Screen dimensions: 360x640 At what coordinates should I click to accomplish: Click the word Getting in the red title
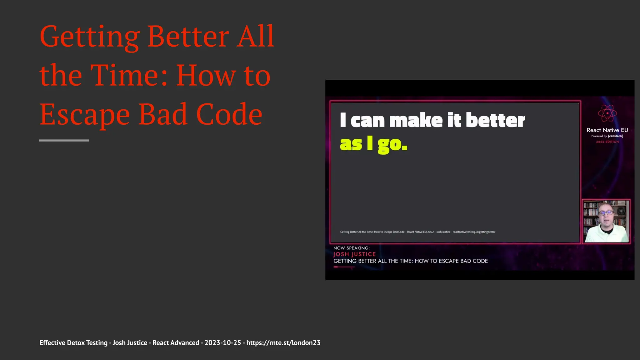[89, 37]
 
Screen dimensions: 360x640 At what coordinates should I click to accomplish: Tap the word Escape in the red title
[84, 115]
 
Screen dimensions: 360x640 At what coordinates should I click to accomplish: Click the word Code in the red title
[229, 115]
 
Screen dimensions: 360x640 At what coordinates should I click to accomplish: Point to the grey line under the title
[64, 141]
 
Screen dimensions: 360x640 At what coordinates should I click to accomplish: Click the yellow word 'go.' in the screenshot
[392, 144]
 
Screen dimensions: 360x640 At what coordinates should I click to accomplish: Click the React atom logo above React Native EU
[607, 113]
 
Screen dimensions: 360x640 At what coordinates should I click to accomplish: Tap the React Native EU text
[607, 130]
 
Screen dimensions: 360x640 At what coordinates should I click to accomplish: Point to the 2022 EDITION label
[607, 142]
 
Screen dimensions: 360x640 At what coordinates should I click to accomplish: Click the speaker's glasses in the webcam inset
[606, 213]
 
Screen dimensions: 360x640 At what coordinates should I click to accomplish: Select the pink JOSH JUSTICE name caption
[354, 254]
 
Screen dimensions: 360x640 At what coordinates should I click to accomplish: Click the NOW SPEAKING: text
[351, 248]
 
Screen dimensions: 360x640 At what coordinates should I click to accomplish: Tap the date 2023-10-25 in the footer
[222, 343]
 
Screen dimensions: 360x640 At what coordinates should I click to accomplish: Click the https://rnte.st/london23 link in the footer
[283, 343]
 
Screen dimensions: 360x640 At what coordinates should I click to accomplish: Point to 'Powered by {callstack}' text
[607, 136]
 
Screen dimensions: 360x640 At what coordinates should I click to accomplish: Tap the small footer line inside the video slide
[417, 232]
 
